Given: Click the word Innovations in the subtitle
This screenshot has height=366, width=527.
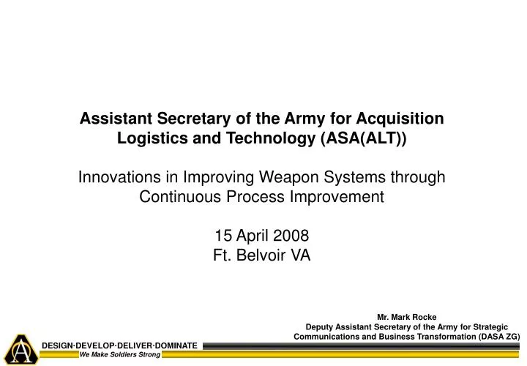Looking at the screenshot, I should pos(119,177).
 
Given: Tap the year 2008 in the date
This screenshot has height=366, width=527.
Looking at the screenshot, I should pos(292,236).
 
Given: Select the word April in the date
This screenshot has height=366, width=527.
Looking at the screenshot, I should pos(253,236).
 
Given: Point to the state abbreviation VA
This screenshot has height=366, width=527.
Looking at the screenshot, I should pos(302,255).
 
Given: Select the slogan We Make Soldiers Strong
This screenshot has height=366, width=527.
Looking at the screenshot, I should pos(120,355).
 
